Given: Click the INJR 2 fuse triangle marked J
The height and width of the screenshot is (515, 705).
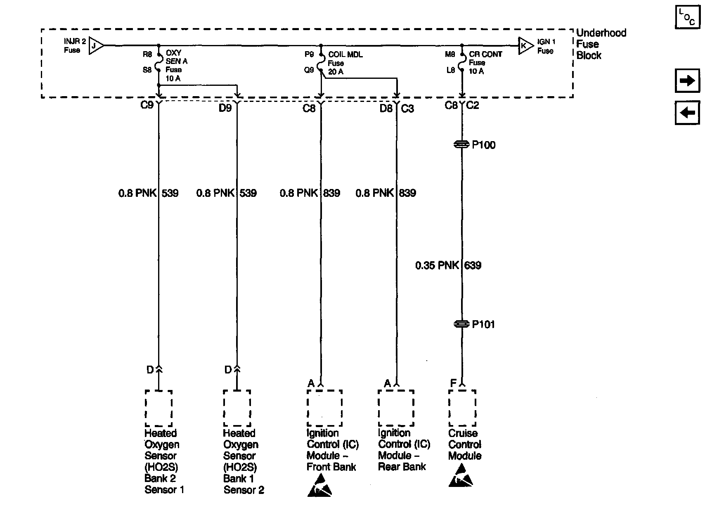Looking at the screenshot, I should (x=96, y=45).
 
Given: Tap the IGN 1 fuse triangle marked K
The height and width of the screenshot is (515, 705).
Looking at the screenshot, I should (x=525, y=45).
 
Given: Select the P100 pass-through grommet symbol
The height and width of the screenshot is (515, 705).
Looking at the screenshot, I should (x=462, y=144).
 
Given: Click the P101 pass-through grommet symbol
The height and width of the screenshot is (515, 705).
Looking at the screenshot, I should (x=462, y=324).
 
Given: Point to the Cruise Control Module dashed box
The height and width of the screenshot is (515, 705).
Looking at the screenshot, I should (x=462, y=408).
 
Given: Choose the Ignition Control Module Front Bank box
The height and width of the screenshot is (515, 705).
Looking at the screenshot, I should (x=324, y=408).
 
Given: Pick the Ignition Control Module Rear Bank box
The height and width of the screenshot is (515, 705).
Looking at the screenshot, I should (x=396, y=408).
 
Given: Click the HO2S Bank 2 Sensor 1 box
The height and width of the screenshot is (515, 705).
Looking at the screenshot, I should (x=159, y=408).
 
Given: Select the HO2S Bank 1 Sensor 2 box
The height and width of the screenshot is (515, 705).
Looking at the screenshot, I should (x=237, y=408).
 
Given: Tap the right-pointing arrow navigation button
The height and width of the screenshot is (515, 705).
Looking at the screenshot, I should (x=687, y=80).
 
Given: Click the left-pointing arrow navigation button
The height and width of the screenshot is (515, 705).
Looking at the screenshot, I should (x=687, y=112).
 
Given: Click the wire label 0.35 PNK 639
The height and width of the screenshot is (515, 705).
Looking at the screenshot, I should (x=448, y=265).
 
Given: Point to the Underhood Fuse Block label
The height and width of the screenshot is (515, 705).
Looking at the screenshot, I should (x=601, y=44).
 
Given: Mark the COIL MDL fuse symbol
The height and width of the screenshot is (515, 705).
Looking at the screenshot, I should (x=321, y=63).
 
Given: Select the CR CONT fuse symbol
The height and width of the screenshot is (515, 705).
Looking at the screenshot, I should (x=462, y=62).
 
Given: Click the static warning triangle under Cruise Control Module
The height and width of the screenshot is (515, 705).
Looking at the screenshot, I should (x=461, y=475).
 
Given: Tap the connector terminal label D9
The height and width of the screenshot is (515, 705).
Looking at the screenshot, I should (x=225, y=109).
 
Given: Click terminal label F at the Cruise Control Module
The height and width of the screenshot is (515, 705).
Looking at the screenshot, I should (x=453, y=383).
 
